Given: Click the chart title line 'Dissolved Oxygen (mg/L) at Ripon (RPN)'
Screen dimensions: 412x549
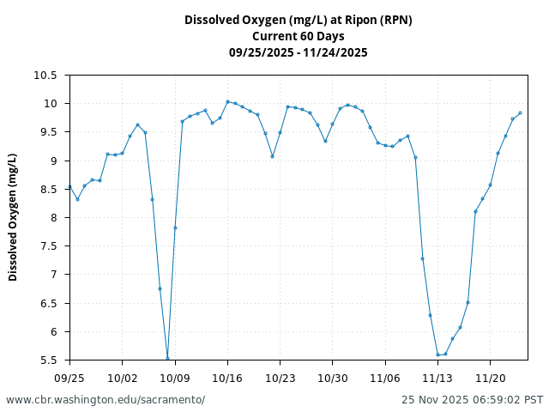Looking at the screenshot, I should tap(298, 20).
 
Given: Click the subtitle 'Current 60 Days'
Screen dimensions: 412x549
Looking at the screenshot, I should tap(298, 36).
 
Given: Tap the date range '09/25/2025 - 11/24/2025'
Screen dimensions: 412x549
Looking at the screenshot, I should tap(298, 52).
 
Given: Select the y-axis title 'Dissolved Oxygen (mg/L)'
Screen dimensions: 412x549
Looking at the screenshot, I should tap(13, 217).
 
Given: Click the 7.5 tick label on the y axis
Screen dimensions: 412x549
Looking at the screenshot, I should tap(48, 246).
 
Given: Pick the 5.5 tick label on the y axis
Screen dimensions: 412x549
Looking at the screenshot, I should tap(48, 360).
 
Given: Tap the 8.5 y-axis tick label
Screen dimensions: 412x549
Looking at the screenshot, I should tap(48, 190).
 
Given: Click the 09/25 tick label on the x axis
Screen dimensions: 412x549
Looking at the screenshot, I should tap(69, 378).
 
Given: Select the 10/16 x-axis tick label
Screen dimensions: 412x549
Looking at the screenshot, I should tap(227, 378).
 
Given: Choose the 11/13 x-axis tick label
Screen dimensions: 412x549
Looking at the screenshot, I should tap(437, 378).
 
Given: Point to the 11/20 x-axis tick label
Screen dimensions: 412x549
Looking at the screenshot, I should tap(490, 378).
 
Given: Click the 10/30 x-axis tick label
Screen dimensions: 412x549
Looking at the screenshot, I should tap(333, 378).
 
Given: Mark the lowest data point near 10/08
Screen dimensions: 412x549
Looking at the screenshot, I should tap(167, 358).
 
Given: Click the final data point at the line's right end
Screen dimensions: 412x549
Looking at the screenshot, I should tap(520, 112).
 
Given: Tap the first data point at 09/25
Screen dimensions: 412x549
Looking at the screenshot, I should tap(69, 186).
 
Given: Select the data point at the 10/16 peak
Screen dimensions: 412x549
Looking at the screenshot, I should tap(227, 101).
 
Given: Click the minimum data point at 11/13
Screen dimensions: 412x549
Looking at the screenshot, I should tap(437, 354).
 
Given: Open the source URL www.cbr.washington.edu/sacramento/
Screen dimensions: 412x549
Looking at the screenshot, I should tap(106, 400).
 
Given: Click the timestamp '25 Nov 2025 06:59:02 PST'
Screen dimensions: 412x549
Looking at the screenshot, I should tap(472, 400).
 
